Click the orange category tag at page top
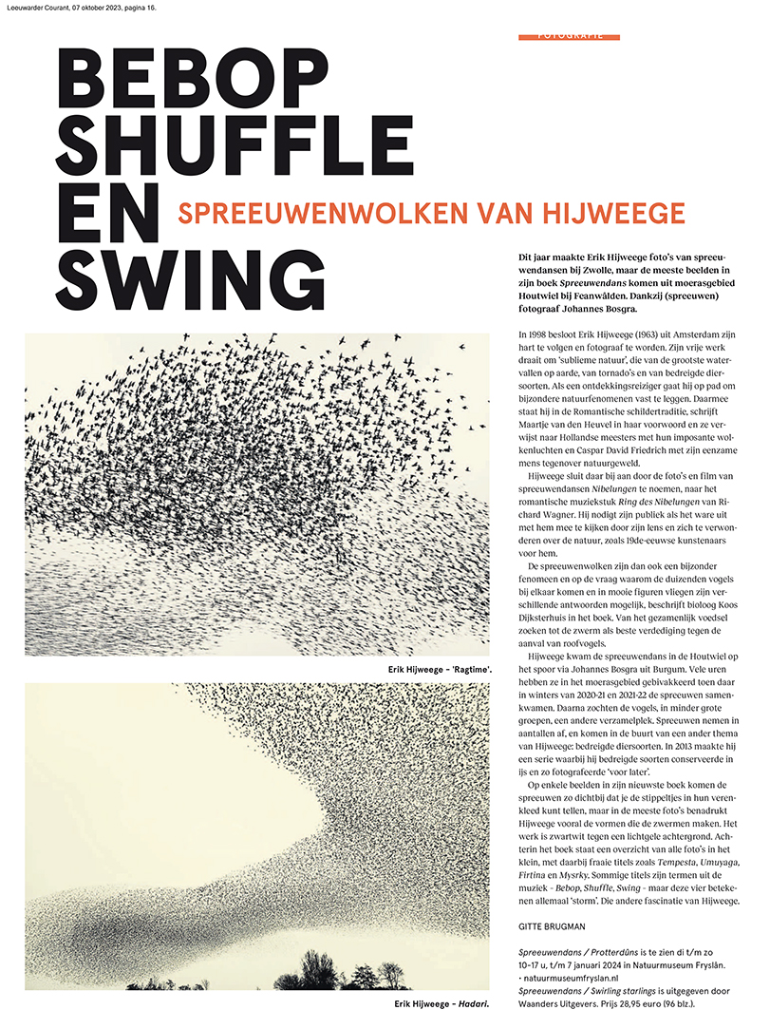tap(570, 36)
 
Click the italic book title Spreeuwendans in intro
tap(594, 283)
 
